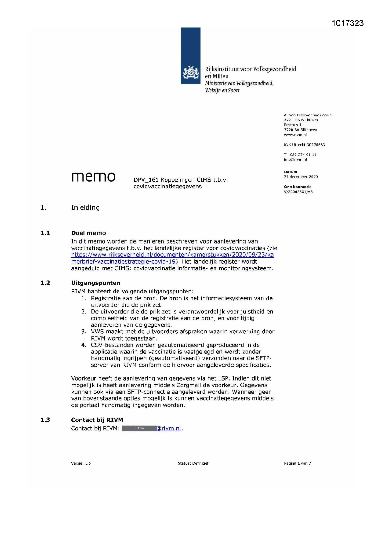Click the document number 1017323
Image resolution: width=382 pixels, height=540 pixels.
tap(348, 23)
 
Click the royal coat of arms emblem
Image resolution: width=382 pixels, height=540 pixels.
tap(191, 72)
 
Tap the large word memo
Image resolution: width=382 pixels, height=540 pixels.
tap(93, 177)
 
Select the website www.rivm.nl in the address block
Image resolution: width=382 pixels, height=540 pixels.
tap(295, 135)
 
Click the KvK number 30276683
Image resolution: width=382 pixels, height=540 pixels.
tap(316, 145)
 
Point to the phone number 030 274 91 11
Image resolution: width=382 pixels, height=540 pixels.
tap(303, 155)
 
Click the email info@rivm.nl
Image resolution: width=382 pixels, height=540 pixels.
tap(295, 159)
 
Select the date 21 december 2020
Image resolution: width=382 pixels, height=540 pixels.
tap(301, 177)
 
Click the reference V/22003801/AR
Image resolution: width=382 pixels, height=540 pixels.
tap(298, 192)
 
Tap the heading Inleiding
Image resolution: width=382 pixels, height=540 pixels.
tap(85, 208)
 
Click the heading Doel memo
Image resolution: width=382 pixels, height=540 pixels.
tap(88, 233)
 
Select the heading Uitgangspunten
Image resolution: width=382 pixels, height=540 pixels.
tap(95, 283)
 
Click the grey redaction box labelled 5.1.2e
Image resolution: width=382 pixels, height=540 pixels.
tap(139, 428)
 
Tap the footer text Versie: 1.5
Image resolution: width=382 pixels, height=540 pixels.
tap(81, 463)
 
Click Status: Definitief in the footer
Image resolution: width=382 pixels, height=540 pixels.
tap(193, 463)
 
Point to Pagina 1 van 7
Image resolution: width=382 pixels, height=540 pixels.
tap(297, 463)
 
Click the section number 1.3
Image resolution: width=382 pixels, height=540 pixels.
tap(45, 420)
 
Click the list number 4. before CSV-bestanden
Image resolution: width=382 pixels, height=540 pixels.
tap(84, 345)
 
